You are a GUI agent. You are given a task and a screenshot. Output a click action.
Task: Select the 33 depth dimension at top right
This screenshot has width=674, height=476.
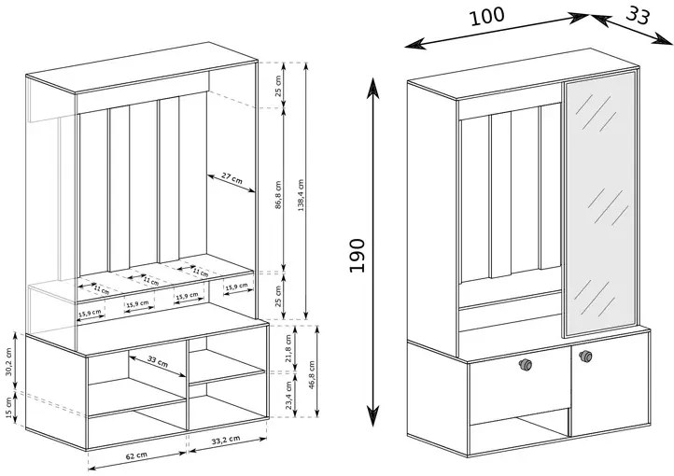[x=638, y=15]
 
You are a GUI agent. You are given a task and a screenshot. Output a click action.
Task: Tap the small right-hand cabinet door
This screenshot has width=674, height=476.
[x=610, y=392]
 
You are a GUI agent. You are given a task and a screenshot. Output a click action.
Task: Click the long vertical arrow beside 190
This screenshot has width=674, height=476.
[x=375, y=252]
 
